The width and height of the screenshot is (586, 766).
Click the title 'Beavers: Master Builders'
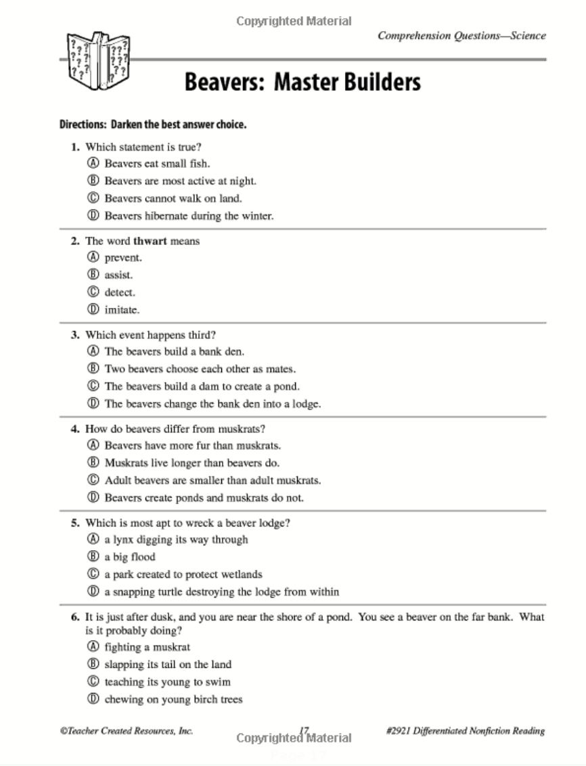coord(302,83)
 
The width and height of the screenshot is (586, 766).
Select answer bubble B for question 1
coord(93,181)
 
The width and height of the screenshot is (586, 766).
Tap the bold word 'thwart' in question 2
coord(150,241)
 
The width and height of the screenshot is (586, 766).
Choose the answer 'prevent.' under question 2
coord(123,258)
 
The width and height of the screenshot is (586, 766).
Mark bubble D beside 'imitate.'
coord(93,310)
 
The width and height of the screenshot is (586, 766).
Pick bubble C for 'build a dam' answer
coord(93,386)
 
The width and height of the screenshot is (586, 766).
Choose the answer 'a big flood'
coord(130,557)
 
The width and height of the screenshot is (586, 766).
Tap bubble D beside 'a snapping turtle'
coord(93,592)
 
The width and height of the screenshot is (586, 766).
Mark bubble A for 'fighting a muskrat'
coord(93,647)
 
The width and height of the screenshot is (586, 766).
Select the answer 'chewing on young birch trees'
coord(173,700)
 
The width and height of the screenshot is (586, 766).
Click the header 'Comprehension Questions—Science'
coord(461,36)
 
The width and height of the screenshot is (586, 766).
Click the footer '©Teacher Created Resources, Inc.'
coord(127,731)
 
